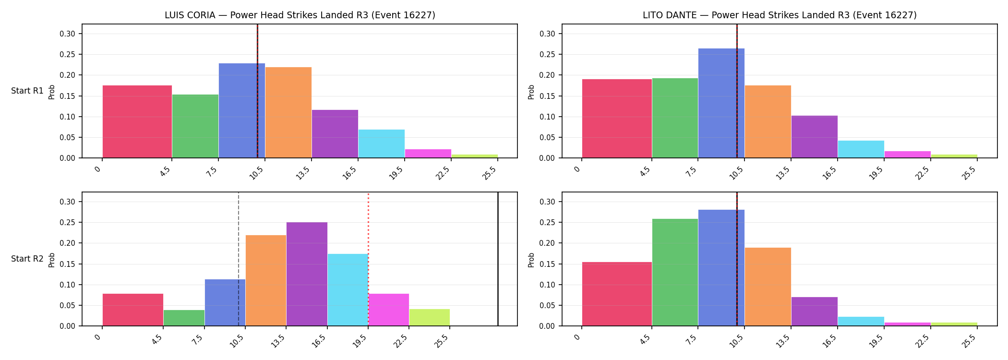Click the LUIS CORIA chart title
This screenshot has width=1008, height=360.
300,15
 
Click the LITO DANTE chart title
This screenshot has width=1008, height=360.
780,15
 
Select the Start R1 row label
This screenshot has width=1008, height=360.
27,91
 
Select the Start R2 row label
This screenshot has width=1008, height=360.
27,259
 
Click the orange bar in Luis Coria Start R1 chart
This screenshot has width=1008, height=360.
288,112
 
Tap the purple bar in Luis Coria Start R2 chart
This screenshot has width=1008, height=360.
307,274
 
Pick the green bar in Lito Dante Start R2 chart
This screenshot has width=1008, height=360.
675,272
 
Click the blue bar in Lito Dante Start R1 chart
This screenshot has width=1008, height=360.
721,103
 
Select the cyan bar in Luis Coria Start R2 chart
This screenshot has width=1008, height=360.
348,290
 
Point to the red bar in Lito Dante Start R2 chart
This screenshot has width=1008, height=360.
617,294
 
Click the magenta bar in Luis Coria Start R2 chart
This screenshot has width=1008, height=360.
389,310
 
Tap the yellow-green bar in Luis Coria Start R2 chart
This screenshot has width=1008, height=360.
430,317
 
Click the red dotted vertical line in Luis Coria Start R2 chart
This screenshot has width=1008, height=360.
368,259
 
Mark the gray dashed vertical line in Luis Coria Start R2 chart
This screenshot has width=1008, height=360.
239,259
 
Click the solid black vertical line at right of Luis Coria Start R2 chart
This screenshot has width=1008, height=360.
498,259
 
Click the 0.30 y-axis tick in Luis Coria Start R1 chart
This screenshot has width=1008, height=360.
67,34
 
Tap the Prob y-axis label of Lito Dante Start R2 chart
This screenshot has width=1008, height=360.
531,260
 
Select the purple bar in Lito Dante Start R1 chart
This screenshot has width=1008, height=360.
815,137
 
